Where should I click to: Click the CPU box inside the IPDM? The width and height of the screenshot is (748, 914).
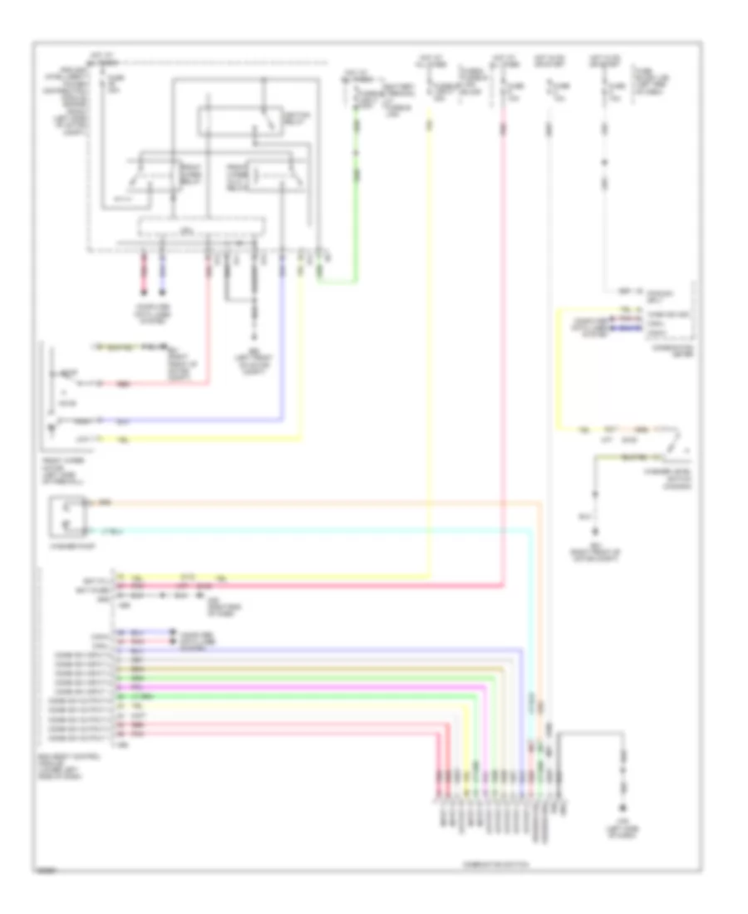coord(202,226)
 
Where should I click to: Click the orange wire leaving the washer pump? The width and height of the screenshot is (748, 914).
coord(332,503)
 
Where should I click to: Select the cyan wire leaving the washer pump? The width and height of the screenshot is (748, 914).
coord(332,529)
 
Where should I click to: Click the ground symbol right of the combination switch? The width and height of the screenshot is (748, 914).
coord(623,805)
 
